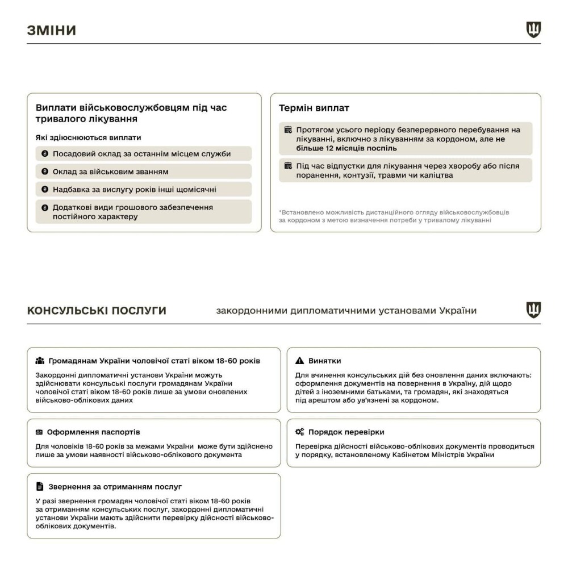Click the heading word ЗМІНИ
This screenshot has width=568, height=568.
[x=51, y=30]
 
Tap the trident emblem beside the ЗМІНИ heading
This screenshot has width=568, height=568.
[x=533, y=30]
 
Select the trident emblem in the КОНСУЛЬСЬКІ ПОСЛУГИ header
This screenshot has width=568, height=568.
[x=533, y=310]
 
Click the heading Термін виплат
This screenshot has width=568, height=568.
[x=314, y=107]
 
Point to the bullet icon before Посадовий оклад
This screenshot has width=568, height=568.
[x=45, y=154]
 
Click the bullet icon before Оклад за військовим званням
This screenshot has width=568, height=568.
[x=45, y=172]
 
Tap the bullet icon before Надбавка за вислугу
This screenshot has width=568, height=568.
[x=45, y=189]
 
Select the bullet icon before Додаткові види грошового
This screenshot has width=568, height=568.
[x=45, y=207]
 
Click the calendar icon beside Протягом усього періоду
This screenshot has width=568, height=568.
[x=288, y=130]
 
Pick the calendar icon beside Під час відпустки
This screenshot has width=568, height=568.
[x=288, y=166]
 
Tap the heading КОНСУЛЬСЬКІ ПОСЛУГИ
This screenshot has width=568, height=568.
[x=97, y=311]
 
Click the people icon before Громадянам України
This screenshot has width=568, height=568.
[x=39, y=361]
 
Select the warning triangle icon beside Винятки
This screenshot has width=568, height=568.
[x=300, y=361]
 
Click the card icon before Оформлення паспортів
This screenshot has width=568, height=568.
[x=39, y=432]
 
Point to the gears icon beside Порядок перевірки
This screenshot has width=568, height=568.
[x=300, y=432]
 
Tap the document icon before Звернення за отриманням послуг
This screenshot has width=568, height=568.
[x=39, y=487]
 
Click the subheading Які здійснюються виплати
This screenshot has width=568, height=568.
[x=89, y=137]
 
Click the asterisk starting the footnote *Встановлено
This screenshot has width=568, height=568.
[x=280, y=212]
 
